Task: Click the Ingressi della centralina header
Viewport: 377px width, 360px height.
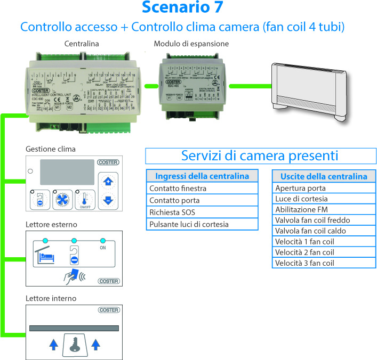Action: pyautogui.click(x=202, y=176)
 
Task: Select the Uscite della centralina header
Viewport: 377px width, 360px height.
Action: pyautogui.click(x=324, y=176)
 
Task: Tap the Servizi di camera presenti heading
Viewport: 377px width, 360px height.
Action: pyautogui.click(x=259, y=156)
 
